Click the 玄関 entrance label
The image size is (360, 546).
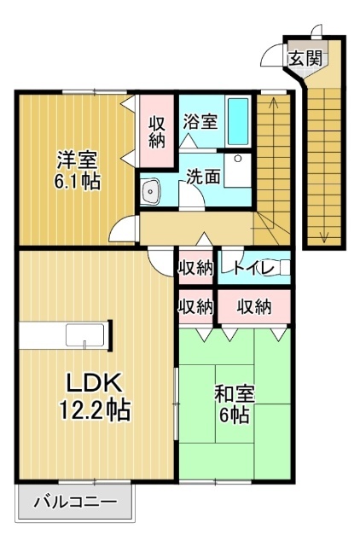(x=305, y=59)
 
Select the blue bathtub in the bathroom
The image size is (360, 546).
(x=238, y=122)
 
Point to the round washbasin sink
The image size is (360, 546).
(x=152, y=192)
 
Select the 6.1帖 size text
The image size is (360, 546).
(x=77, y=182)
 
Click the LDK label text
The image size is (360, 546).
(x=91, y=383)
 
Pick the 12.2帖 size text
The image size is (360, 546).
(x=95, y=411)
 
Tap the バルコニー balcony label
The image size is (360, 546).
(x=75, y=502)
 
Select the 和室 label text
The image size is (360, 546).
(x=231, y=396)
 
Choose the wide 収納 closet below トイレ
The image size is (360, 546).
(x=254, y=305)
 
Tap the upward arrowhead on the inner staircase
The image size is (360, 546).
(x=273, y=103)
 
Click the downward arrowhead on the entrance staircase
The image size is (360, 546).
(x=323, y=238)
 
